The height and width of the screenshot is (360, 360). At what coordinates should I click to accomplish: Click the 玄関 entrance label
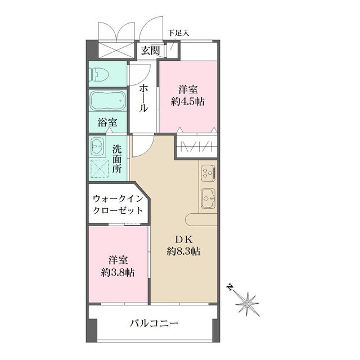[150, 50]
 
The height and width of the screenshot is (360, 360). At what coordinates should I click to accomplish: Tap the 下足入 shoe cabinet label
[178, 33]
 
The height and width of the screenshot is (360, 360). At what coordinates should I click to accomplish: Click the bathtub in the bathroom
[107, 101]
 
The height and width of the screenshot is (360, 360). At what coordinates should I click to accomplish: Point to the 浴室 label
[107, 122]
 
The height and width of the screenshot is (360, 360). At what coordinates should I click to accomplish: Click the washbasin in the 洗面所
[97, 148]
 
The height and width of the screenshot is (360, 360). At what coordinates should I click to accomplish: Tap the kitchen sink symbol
[208, 198]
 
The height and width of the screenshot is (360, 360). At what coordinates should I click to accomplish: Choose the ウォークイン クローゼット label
[117, 204]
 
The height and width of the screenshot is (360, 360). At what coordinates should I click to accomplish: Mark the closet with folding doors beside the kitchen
[196, 147]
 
